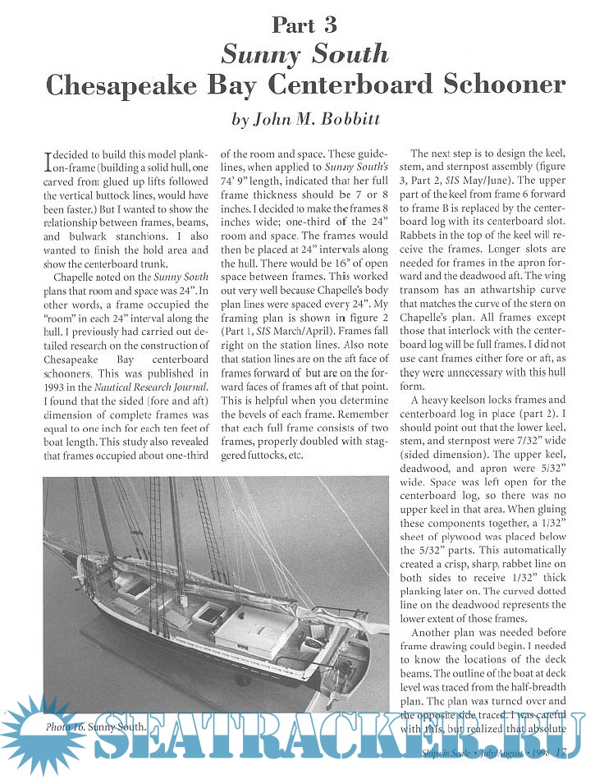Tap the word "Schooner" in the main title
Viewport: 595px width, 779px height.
pyautogui.click(x=493, y=85)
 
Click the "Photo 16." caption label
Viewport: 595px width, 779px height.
pyautogui.click(x=66, y=726)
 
